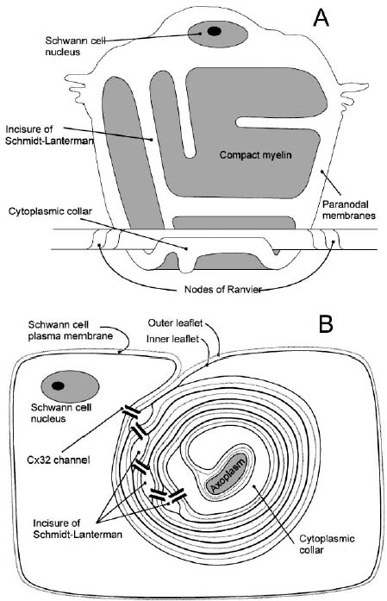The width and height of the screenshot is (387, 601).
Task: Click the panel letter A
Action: coord(321,18)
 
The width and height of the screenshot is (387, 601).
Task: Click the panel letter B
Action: coord(326,324)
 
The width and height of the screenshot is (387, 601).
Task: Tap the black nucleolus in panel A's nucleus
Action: coord(215,31)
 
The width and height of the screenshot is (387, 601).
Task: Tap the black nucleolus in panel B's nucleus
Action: coord(58,385)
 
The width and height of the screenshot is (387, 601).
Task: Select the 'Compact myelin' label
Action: coord(256,155)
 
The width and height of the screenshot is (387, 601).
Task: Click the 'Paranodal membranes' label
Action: coord(349,210)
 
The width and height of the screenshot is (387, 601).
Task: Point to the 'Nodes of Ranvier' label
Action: coord(222,289)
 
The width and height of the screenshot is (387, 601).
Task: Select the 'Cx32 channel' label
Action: coord(59,460)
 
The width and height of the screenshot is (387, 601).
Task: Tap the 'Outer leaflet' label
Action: coord(175,323)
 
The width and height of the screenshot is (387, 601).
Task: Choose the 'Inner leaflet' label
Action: coord(172,339)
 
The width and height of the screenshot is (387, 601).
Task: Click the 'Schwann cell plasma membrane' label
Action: coord(71,330)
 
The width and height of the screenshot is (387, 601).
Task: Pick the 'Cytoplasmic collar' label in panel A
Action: coord(50,211)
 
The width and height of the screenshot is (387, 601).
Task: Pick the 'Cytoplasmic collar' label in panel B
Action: coord(327,544)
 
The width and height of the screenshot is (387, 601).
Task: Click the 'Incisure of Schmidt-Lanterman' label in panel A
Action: coord(49,135)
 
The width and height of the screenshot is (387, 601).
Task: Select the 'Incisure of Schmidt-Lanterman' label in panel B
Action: coord(78,529)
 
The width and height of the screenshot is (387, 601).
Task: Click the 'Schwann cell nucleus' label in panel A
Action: coord(75,46)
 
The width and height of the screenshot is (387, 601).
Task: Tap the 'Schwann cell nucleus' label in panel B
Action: coord(61,413)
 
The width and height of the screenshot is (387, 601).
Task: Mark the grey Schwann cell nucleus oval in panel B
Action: coord(70,386)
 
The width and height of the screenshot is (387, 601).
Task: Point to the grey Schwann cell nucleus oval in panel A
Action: coord(218,34)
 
